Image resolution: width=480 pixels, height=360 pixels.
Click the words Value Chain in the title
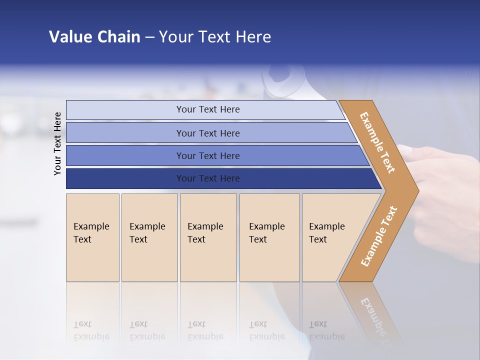[x=94, y=37]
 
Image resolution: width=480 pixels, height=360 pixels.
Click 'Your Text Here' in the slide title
[x=215, y=37]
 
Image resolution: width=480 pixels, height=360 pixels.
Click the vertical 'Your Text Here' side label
[x=58, y=143]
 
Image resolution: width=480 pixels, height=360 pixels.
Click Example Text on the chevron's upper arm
[x=377, y=142]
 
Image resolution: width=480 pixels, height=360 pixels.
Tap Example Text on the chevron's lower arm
[x=378, y=236]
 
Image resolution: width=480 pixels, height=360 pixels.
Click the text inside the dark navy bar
[x=208, y=178]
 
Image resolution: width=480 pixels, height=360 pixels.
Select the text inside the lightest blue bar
[x=208, y=109]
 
